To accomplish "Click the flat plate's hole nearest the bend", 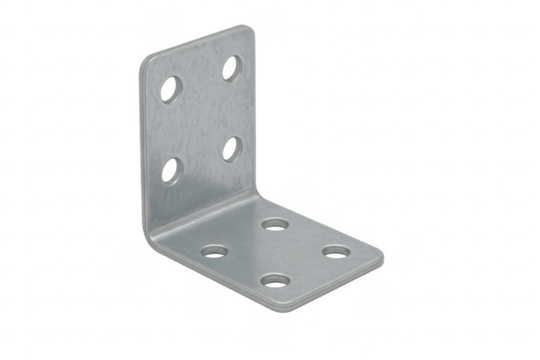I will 271,225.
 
